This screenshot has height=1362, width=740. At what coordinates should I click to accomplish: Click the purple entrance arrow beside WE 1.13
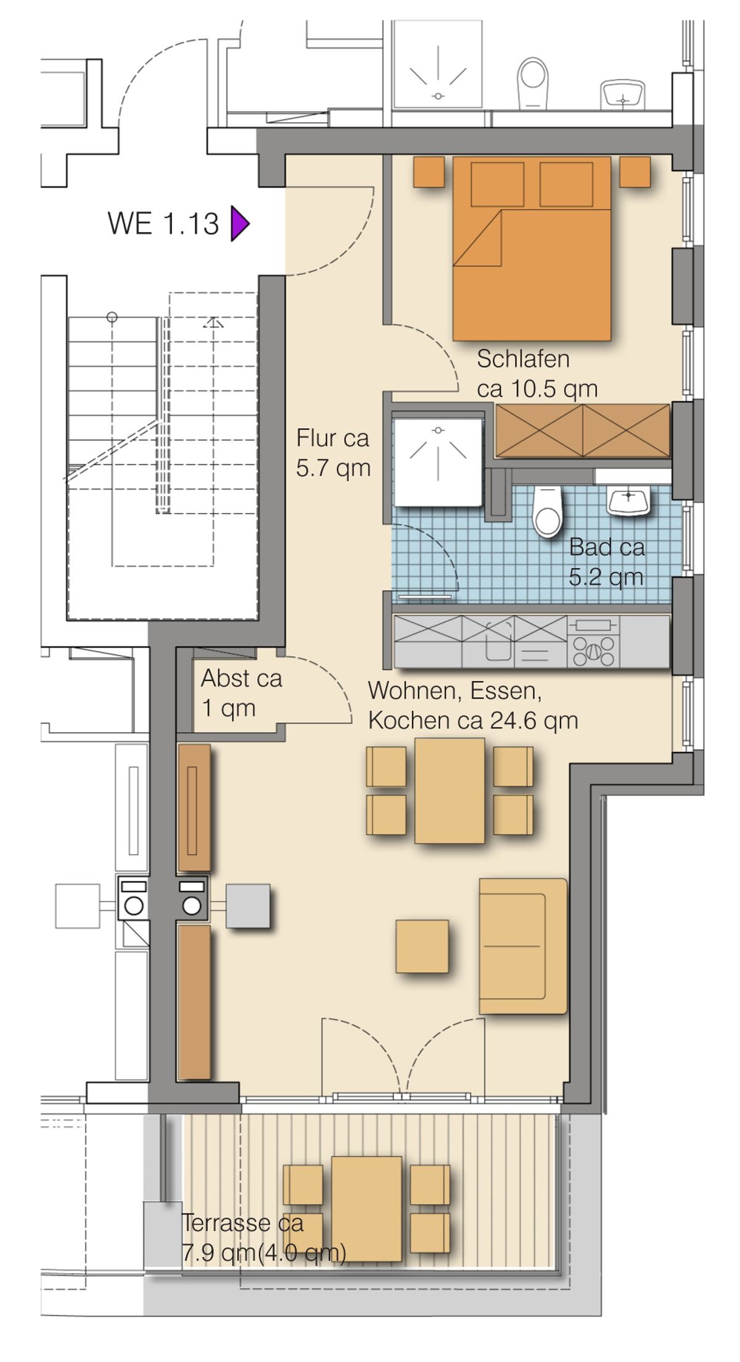click(x=239, y=223)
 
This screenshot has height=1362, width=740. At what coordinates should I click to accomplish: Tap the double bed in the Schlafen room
click(x=532, y=248)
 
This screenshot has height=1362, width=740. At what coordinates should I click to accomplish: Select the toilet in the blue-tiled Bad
click(x=547, y=511)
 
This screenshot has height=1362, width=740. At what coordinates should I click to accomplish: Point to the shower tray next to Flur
click(x=438, y=463)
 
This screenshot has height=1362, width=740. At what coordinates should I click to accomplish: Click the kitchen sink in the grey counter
click(x=499, y=642)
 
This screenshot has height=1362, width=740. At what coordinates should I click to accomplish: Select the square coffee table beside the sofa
click(x=422, y=946)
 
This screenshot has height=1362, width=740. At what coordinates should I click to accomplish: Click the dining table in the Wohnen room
click(x=450, y=790)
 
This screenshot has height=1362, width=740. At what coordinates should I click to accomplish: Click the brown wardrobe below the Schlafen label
click(x=583, y=431)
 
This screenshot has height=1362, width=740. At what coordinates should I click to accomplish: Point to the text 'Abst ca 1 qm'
click(x=242, y=693)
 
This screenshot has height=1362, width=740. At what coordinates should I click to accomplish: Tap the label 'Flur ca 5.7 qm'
click(x=333, y=453)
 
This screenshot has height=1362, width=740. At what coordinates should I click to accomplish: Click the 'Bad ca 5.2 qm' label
click(x=607, y=561)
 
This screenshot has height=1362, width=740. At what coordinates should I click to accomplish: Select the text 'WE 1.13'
click(x=163, y=223)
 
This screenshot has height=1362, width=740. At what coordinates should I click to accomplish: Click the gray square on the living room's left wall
click(x=248, y=906)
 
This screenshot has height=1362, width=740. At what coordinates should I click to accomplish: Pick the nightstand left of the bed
click(x=429, y=171)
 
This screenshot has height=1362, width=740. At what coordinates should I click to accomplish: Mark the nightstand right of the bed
click(x=635, y=171)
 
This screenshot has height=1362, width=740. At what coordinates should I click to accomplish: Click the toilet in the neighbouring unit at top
click(x=533, y=83)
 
